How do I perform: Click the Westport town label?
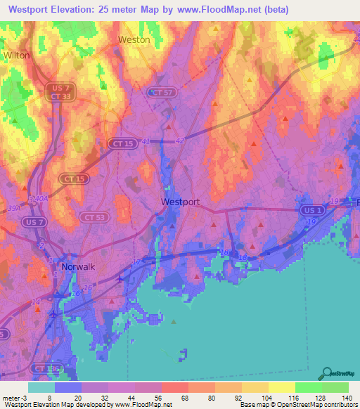click(180, 202)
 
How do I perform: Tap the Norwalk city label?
click(77, 267)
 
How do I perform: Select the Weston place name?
click(134, 40)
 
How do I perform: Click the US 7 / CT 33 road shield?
click(58, 91)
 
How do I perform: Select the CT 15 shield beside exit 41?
click(120, 143)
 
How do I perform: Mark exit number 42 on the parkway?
click(180, 141)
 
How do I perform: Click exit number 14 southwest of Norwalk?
click(35, 301)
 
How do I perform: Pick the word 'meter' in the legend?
click(11, 398)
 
